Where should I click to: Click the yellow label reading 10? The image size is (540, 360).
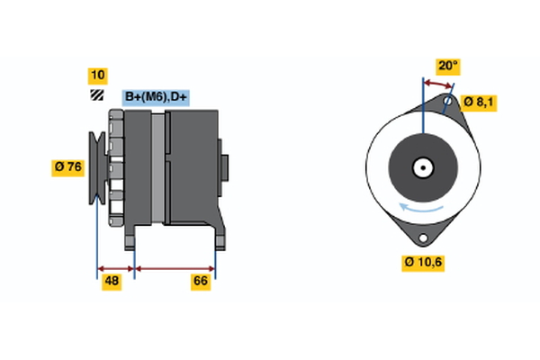click(98, 76)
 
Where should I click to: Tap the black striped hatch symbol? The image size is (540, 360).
click(97, 95)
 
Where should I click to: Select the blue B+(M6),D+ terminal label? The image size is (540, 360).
click(156, 98)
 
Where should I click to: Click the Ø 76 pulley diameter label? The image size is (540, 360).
click(67, 167)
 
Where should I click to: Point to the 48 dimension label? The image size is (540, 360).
click(112, 282)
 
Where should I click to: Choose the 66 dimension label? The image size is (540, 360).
click(201, 282)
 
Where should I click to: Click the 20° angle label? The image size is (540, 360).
click(448, 66)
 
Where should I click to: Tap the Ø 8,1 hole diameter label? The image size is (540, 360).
click(479, 103)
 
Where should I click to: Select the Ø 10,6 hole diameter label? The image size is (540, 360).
click(423, 263)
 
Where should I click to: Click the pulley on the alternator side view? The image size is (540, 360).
click(97, 167)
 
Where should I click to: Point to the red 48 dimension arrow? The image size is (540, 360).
click(116, 269)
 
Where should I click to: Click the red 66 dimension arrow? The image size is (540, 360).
click(175, 269)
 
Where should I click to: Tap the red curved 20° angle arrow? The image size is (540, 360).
click(437, 84)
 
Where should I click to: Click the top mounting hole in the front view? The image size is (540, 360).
click(447, 101)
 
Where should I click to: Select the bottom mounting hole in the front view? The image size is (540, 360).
click(423, 238)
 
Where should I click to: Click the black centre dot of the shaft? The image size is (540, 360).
click(423, 167)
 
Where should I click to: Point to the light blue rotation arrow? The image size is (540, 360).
click(421, 208)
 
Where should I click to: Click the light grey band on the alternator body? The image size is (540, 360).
click(158, 168)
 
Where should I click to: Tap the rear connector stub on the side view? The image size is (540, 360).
click(223, 167)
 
